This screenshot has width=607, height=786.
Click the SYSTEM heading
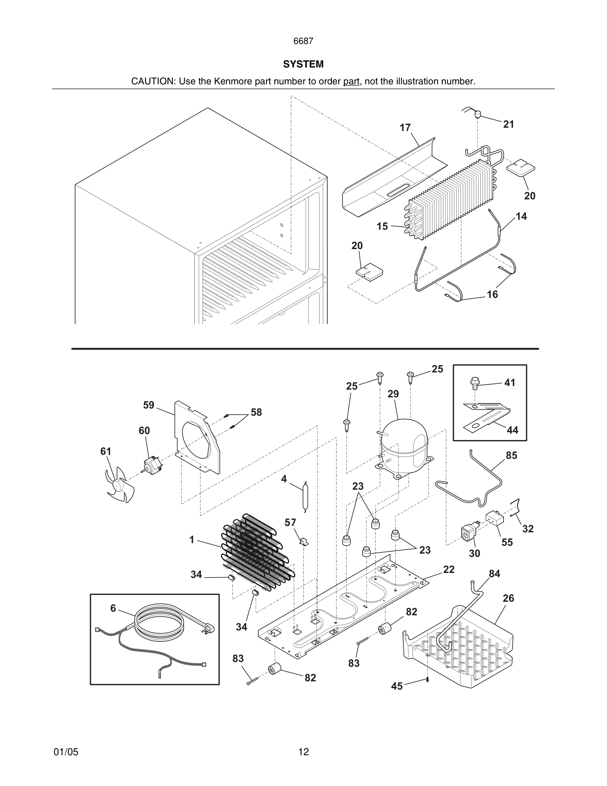point(303,64)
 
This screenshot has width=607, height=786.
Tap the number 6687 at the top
point(303,41)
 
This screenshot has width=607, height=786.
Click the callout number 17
point(405,128)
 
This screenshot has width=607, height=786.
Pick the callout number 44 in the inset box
point(512,430)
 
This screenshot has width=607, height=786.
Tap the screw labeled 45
point(427,679)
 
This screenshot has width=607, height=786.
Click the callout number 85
point(511,456)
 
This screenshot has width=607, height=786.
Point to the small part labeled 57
point(304,541)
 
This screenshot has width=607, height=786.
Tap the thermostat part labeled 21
point(478,114)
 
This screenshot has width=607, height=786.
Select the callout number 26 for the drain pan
point(508,598)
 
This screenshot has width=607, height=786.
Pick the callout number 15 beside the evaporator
point(382,226)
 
